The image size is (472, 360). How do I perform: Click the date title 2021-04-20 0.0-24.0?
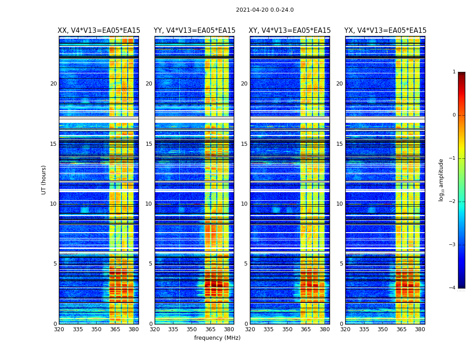[x=265, y=10]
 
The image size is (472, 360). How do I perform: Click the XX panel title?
[x=99, y=31]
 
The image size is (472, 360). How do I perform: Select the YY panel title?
[x=194, y=31]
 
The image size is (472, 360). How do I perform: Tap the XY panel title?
[x=289, y=31]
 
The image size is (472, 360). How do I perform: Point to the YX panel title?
[x=385, y=31]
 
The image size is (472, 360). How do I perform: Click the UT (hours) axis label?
[x=44, y=180]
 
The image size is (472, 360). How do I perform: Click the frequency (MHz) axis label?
[x=217, y=338]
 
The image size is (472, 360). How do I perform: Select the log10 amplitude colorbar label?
[x=441, y=180]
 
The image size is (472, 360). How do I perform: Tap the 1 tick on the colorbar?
[x=454, y=72]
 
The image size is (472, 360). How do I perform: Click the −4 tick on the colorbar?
[x=453, y=288]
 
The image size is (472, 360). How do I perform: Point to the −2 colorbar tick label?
[x=453, y=202]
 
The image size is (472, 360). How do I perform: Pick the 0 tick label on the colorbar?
[x=454, y=115]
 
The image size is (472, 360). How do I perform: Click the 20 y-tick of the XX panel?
[x=53, y=84]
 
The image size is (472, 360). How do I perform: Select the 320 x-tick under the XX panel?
[x=59, y=329]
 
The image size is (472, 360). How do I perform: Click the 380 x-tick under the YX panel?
[x=420, y=329]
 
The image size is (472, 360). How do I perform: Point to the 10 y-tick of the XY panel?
[x=244, y=204]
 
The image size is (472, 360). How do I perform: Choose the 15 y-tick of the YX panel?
[x=339, y=144]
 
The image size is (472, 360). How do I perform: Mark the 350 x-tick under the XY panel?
[x=287, y=329]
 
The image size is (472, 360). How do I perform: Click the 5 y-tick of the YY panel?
[x=151, y=264]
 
